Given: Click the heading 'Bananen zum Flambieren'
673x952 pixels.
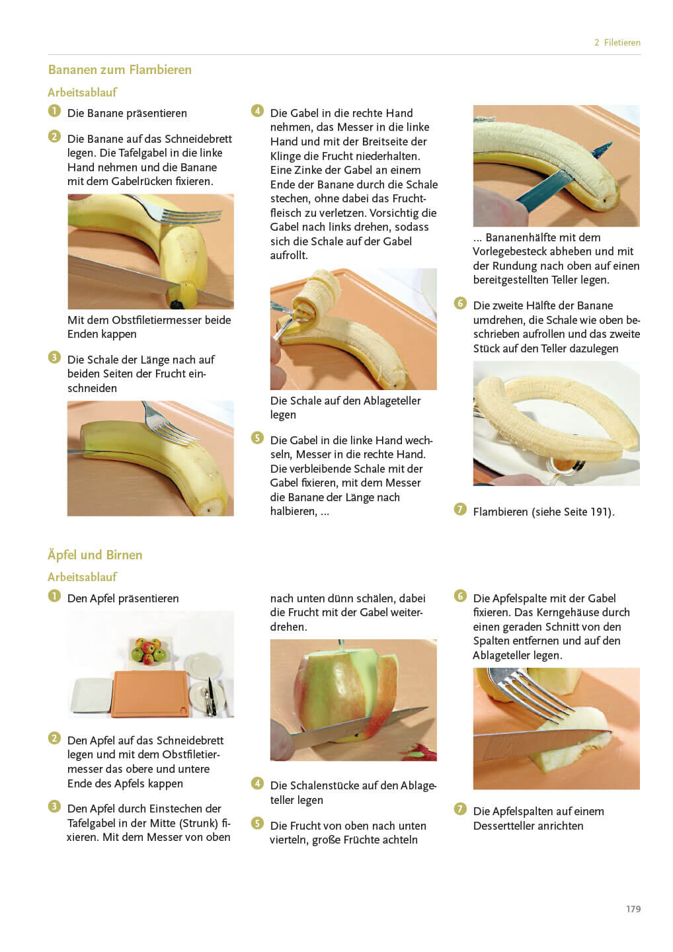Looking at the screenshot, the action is (120, 69).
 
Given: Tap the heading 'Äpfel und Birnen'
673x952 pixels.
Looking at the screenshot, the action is (95, 555).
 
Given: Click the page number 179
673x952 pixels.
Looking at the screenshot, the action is (633, 908).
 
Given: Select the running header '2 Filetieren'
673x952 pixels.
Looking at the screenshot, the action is (617, 42).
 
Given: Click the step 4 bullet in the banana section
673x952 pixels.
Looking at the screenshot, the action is (257, 111).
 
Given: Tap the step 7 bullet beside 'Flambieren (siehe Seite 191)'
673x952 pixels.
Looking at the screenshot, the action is (460, 509).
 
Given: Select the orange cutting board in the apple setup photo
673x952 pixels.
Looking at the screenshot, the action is (151, 694).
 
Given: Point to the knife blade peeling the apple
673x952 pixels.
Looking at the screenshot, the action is (361, 728).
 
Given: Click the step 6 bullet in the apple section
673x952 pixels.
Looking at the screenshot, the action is (460, 596).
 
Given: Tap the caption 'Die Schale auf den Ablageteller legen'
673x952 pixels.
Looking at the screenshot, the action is (345, 407).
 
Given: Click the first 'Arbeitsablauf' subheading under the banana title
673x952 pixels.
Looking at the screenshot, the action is (82, 93).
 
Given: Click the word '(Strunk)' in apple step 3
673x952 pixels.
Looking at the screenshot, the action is (199, 823).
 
